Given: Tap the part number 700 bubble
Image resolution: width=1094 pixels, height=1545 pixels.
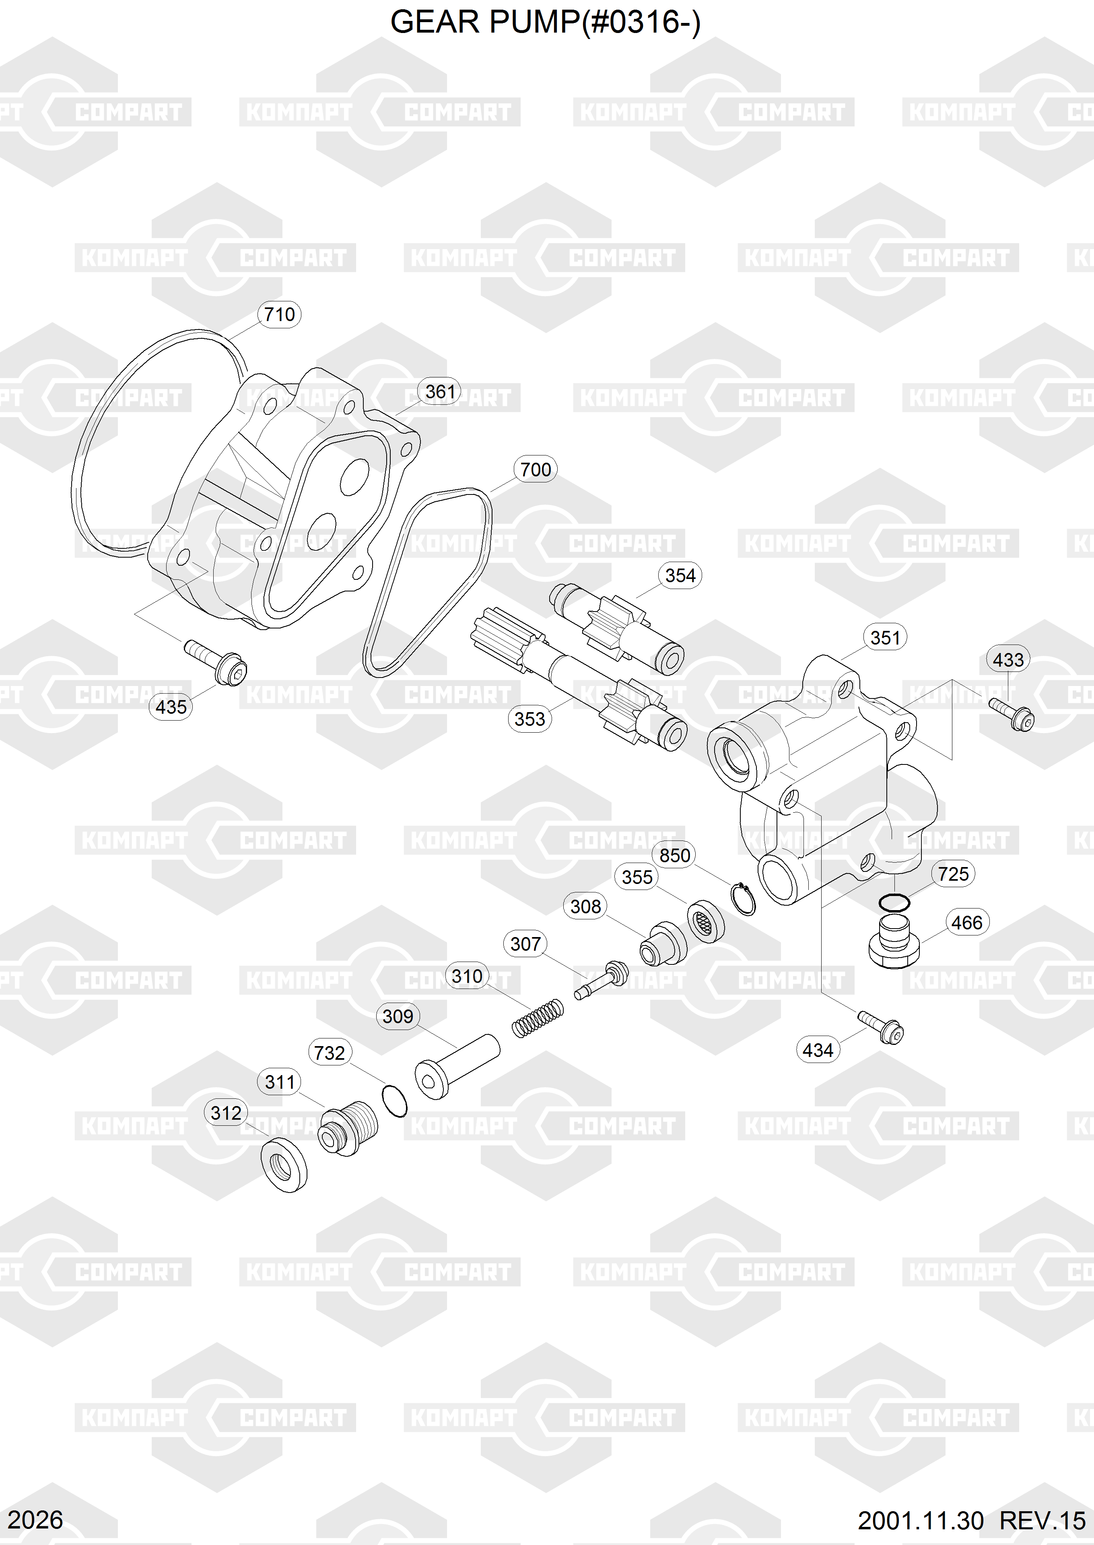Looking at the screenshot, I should coord(536,470).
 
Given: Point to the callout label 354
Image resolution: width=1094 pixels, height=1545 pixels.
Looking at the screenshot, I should coord(680,575).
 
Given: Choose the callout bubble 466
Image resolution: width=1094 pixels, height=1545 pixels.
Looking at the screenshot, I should coord(967,922).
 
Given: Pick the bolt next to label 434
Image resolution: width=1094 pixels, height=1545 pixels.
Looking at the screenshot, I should coord(880,1028).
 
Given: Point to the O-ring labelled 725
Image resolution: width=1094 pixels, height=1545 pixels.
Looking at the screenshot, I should coord(894,902).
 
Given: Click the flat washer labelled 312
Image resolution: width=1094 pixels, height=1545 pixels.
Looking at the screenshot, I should coord(284,1165).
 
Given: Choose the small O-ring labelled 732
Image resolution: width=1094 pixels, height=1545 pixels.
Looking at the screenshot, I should coord(394,1100).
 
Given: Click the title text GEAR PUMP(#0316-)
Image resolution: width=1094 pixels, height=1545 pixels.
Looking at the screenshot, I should coord(546,22).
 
